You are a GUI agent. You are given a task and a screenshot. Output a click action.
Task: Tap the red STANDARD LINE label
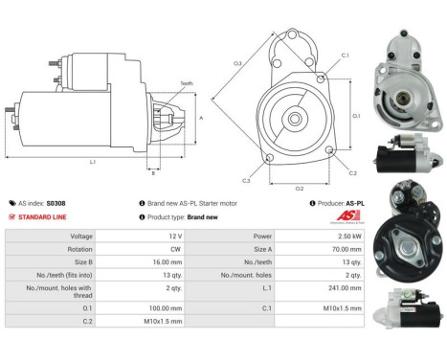[x=44, y=217]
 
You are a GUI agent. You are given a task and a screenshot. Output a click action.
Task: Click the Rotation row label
[x=81, y=248]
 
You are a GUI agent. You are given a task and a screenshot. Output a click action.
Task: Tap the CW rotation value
[x=176, y=248]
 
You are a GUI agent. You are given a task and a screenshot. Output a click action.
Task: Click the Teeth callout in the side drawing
[x=187, y=84]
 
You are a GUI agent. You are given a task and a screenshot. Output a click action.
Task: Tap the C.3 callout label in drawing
[x=246, y=181]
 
